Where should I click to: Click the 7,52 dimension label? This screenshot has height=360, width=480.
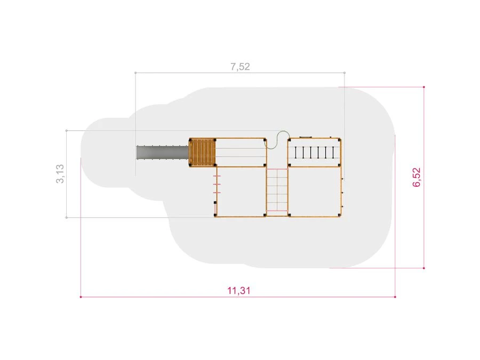click(x=240, y=67)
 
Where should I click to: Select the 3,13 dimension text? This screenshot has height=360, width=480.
click(x=60, y=174)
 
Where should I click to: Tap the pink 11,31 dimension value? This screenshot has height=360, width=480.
click(x=239, y=290)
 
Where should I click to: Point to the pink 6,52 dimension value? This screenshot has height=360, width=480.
click(x=417, y=177)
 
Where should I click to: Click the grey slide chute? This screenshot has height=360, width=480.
click(x=163, y=152)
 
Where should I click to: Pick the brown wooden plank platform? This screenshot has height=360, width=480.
click(x=202, y=153)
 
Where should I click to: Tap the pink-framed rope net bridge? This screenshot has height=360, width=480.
click(x=277, y=190)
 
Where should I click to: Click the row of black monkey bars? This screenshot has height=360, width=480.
click(x=314, y=153)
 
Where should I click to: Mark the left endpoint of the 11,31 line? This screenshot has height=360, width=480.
click(x=81, y=297)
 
